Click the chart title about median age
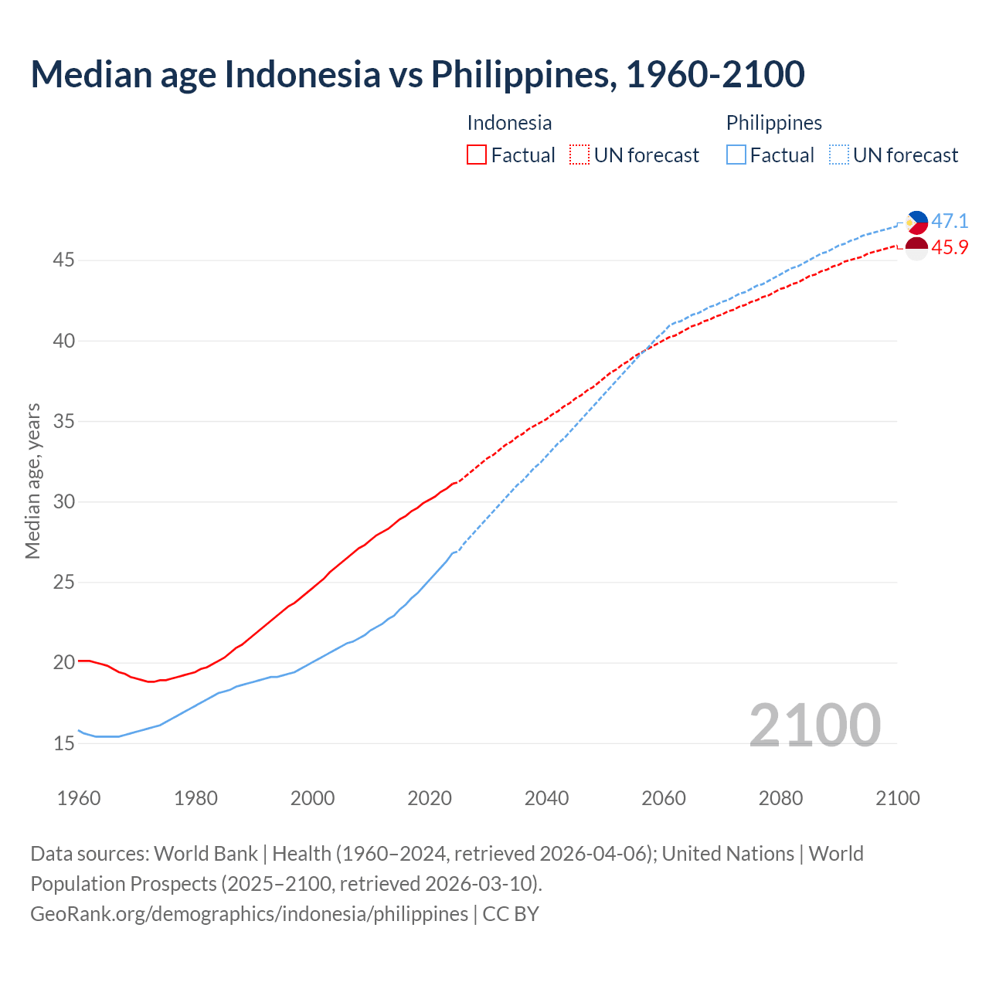(417, 74)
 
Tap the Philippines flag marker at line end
(917, 223)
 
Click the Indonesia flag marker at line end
(916, 249)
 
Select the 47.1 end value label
(950, 221)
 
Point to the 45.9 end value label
(950, 248)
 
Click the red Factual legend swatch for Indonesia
(477, 155)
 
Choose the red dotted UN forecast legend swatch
(579, 155)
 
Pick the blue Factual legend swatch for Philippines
(736, 155)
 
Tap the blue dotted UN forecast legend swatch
(838, 155)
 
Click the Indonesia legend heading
(509, 123)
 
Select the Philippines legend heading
(773, 123)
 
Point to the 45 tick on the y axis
(63, 260)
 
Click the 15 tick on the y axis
(63, 743)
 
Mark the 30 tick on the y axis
(63, 502)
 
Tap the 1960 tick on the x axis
(79, 798)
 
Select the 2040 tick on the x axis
(546, 798)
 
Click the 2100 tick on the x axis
(897, 798)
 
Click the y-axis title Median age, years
(32, 481)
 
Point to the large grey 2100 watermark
(814, 725)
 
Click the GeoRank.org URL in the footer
(249, 914)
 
